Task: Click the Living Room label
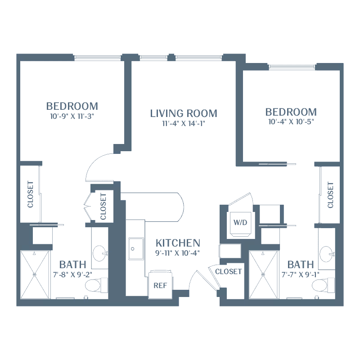[184, 113]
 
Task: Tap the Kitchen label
[178, 243]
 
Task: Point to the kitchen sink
[134, 248]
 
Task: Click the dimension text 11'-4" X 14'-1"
[184, 124]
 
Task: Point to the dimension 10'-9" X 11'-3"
[72, 116]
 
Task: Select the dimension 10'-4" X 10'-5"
[291, 121]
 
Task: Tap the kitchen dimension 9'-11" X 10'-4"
[177, 253]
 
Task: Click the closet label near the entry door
[229, 271]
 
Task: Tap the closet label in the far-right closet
[331, 195]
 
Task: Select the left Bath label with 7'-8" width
[70, 264]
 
